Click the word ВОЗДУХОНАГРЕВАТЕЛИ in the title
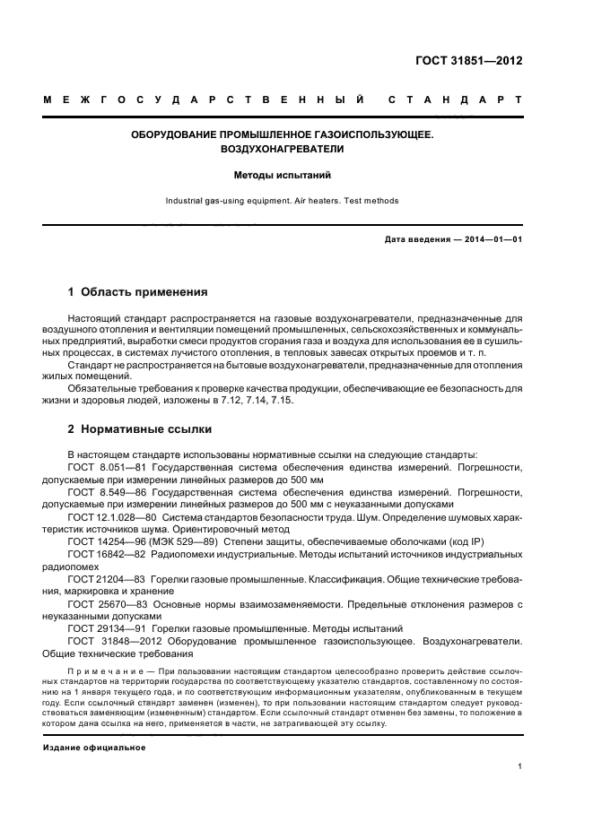(283, 149)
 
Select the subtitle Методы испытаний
(283, 177)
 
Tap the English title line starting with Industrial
(283, 202)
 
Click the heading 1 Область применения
(138, 291)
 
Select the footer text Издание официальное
(94, 748)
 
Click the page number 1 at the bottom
(520, 766)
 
